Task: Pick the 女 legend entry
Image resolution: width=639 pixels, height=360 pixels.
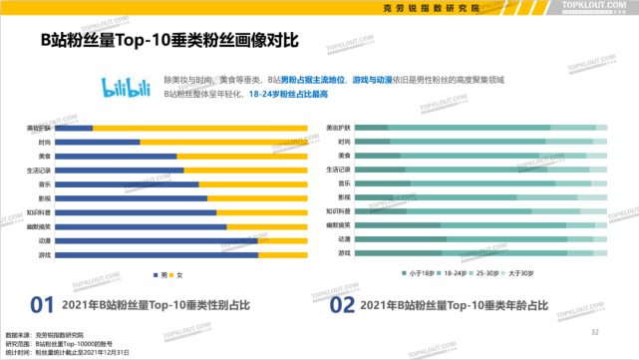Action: [x=180, y=275]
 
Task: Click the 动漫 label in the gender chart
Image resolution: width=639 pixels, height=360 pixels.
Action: [x=45, y=240]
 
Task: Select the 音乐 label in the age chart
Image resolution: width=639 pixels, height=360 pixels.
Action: [x=344, y=184]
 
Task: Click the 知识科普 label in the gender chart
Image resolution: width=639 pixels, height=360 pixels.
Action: [x=40, y=212]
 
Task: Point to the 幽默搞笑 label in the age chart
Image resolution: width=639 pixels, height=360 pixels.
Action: [x=339, y=226]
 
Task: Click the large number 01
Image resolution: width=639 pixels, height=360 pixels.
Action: [x=41, y=305]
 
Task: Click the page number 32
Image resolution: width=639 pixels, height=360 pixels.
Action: [x=595, y=331]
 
